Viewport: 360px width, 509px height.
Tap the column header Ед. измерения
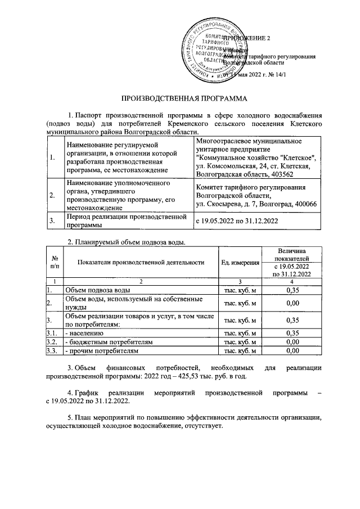tap(240, 263)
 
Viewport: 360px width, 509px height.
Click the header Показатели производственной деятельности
tap(141, 263)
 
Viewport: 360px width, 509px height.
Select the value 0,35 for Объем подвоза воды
tap(291, 290)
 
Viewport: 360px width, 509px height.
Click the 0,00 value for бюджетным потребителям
tap(291, 341)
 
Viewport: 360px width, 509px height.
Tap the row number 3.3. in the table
tap(52, 351)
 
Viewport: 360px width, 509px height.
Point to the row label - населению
tap(84, 332)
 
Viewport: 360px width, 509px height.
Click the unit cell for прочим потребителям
tap(240, 351)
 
